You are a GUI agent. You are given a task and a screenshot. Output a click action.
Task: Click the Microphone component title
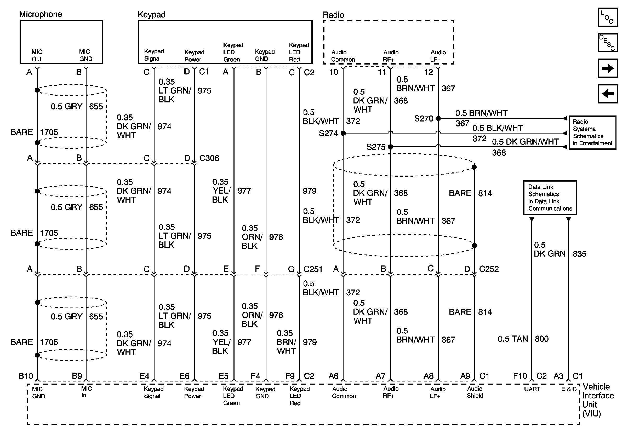click(41, 14)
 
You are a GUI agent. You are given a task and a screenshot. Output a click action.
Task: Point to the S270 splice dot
click(438, 118)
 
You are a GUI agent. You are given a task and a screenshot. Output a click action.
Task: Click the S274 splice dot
click(343, 133)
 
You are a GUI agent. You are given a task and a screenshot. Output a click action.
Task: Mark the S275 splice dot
click(390, 147)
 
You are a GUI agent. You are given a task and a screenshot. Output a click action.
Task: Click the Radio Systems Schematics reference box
click(592, 132)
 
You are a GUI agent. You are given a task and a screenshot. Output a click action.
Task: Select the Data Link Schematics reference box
click(550, 198)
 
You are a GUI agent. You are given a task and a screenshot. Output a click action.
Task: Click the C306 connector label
click(209, 158)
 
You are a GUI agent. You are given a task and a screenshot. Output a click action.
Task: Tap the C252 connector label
click(489, 269)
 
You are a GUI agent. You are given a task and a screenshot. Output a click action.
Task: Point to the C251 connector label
click(313, 269)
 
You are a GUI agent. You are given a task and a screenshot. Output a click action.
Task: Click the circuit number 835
click(579, 254)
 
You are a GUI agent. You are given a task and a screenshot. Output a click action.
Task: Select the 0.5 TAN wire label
click(513, 339)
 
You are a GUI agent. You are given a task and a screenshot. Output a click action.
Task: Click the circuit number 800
click(541, 339)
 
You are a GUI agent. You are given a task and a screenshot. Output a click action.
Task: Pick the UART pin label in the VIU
click(532, 389)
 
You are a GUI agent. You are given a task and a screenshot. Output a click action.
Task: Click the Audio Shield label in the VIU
click(475, 392)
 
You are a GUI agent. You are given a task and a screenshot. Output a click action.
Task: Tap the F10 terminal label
click(520, 376)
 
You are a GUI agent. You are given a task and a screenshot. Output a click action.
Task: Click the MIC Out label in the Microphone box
click(37, 55)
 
